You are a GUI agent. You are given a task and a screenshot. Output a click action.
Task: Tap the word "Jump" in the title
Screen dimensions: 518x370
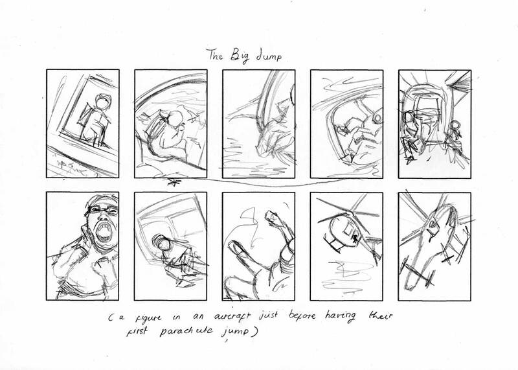269,56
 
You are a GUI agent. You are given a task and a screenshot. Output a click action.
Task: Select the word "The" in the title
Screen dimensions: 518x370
215,54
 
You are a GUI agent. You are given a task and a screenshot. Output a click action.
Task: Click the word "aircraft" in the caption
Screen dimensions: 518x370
232,316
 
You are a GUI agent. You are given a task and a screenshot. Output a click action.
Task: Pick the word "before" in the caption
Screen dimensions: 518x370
302,315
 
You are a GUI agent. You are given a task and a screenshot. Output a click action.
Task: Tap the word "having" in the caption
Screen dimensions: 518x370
341,316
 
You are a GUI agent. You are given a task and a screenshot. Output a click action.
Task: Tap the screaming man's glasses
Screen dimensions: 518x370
102,210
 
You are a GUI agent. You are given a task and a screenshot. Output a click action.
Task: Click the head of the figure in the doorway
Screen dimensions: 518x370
102,102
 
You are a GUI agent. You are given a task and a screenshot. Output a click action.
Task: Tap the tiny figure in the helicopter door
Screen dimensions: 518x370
354,238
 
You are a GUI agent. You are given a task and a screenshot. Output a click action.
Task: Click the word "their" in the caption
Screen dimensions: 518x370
380,316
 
